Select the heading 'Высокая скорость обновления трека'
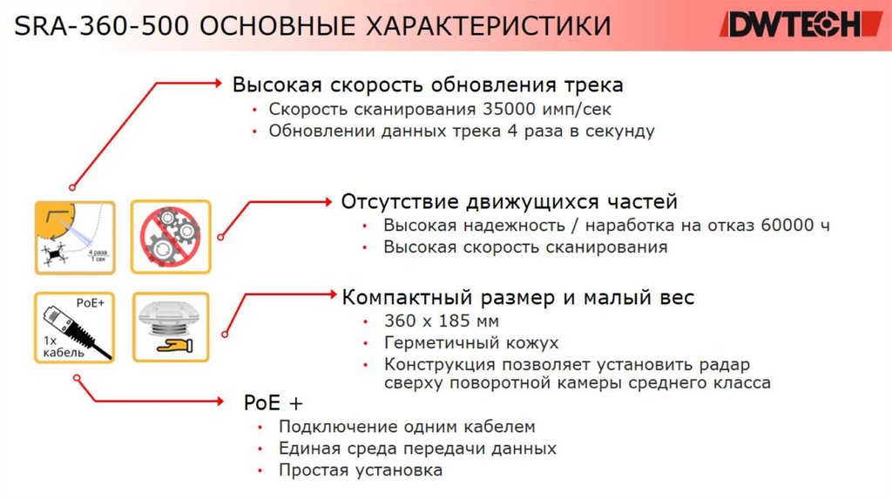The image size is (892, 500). click(427, 85)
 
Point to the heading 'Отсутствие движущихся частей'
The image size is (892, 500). click(509, 202)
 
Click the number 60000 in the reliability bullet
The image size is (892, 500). click(783, 226)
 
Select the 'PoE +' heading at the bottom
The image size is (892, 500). click(274, 403)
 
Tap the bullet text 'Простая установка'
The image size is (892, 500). click(360, 470)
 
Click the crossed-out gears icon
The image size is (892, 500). click(170, 235)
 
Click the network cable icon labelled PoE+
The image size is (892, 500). click(73, 327)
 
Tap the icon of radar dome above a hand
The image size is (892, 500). click(170, 327)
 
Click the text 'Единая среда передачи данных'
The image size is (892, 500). click(417, 449)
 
